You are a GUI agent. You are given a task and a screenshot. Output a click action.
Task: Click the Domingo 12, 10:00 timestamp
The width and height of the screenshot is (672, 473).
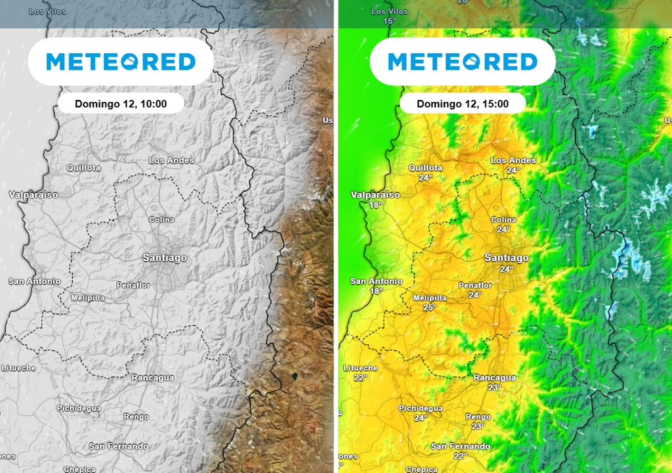pyautogui.click(x=121, y=104)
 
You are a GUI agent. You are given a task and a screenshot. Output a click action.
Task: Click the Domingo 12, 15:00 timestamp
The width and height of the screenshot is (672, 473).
pyautogui.click(x=463, y=104)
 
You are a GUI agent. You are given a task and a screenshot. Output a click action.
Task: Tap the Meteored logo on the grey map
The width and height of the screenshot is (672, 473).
pyautogui.click(x=121, y=62)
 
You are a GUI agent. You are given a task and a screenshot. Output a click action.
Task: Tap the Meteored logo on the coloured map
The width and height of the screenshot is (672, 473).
pyautogui.click(x=463, y=62)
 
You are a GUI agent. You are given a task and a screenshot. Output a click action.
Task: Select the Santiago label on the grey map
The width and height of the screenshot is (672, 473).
pyautogui.click(x=165, y=258)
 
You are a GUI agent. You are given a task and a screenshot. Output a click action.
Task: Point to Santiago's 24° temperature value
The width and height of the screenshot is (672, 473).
pyautogui.click(x=507, y=269)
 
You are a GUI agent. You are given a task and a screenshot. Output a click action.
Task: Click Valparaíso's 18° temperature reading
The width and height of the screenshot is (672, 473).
pyautogui.click(x=375, y=205)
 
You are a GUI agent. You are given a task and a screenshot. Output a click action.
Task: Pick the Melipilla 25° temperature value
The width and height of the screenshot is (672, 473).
pyautogui.click(x=430, y=307)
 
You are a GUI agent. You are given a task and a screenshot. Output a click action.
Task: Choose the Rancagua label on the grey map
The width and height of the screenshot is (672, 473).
pyautogui.click(x=153, y=378)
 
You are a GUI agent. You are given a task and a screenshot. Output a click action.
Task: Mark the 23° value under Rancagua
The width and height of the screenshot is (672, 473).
pyautogui.click(x=495, y=388)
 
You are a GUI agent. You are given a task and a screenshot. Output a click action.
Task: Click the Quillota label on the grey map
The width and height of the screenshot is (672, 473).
pyautogui.click(x=83, y=168)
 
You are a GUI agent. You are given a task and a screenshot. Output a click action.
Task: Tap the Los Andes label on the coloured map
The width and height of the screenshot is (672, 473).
pyautogui.click(x=513, y=160)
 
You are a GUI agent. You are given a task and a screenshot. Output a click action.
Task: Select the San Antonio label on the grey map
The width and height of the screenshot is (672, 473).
pyautogui.click(x=34, y=281)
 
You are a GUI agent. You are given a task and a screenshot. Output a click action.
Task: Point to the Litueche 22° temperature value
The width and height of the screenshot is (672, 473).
pyautogui.click(x=360, y=378)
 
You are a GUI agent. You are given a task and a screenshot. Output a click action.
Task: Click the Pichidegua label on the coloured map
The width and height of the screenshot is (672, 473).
pyautogui.click(x=421, y=408)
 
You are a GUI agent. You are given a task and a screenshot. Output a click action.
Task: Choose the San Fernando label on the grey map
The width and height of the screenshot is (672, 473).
pyautogui.click(x=119, y=446)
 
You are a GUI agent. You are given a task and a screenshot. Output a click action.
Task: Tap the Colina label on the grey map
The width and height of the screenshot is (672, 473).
pyautogui.click(x=162, y=219)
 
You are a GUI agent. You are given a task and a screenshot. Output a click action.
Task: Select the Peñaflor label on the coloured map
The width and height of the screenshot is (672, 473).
pyautogui.click(x=475, y=286)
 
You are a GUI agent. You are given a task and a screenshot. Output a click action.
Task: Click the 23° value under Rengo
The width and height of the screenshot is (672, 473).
pyautogui.click(x=478, y=426)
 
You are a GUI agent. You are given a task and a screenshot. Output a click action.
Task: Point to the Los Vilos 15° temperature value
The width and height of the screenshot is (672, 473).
pyautogui.click(x=390, y=21)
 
